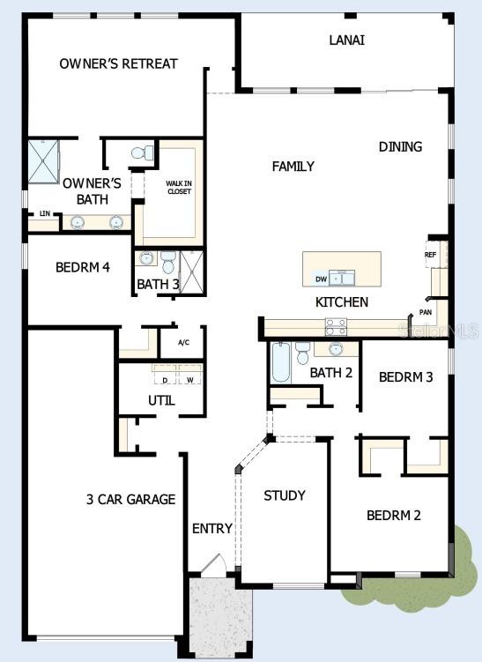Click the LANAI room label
tap(347, 40)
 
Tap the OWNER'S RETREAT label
tap(118, 63)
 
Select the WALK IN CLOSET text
tap(179, 188)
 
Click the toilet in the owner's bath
tap(139, 153)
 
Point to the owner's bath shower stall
tap(42, 161)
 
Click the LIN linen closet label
tap(43, 213)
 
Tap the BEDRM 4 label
tap(82, 267)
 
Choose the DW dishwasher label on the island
tap(321, 279)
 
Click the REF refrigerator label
tap(430, 255)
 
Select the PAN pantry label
tap(425, 312)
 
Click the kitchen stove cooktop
tap(336, 327)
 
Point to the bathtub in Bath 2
tap(281, 362)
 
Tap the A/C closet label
tap(184, 342)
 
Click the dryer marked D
tap(165, 380)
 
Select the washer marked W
tap(189, 380)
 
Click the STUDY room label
tap(285, 495)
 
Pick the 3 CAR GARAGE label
tap(130, 499)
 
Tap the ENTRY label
tap(212, 529)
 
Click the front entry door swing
tap(212, 564)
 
